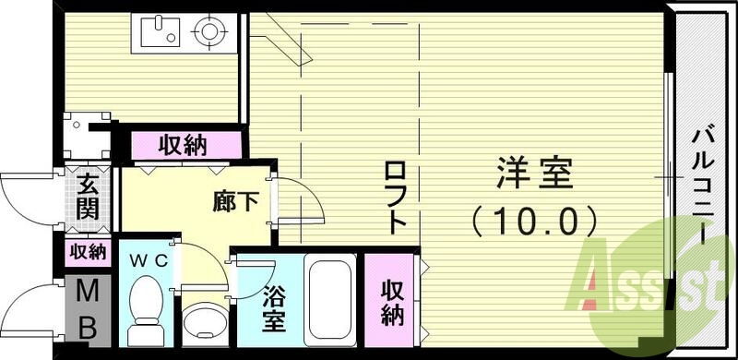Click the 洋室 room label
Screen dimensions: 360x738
coord(536,174)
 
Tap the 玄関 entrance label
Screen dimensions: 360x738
coord(89,197)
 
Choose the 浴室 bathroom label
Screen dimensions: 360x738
coord(274,310)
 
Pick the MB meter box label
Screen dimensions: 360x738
coord(87,309)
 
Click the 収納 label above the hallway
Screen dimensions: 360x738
coord(182,145)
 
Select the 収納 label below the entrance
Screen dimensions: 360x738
coord(88,251)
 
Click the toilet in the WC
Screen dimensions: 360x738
coord(146,309)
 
